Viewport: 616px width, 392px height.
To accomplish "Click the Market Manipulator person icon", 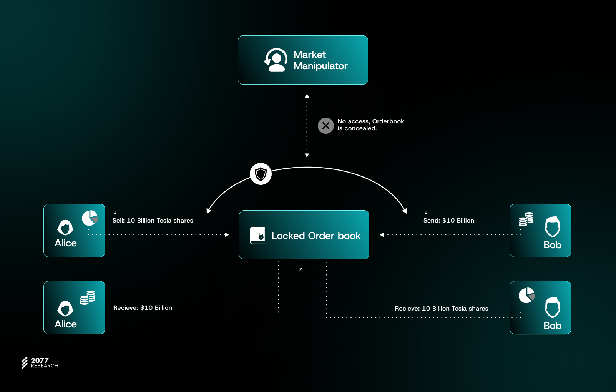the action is (x=276, y=60).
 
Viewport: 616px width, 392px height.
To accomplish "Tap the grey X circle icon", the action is (x=326, y=126).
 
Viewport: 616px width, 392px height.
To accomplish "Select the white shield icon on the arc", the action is (x=261, y=174).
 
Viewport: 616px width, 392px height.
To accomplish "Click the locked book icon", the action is (x=257, y=236).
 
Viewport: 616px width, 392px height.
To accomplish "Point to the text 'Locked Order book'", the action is (x=316, y=236).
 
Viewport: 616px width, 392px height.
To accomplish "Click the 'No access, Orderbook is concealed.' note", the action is (x=371, y=125).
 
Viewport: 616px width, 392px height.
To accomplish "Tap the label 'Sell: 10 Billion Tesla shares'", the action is (x=153, y=221).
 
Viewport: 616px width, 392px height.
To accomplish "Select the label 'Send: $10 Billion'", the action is (x=449, y=221).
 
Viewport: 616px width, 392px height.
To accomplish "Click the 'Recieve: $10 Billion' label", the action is (x=143, y=308).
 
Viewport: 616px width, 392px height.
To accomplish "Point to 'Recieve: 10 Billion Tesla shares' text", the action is (x=442, y=309).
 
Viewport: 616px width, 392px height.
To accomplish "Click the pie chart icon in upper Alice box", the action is (x=90, y=218).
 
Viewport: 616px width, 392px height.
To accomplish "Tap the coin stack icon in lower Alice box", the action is (x=88, y=297).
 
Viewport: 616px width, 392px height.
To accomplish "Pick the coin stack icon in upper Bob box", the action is (x=526, y=219).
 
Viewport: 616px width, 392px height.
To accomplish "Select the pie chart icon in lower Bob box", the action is (x=526, y=295).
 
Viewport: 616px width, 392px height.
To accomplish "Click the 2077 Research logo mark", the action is (x=25, y=362).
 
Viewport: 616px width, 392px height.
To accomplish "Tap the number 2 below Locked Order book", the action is (x=301, y=269).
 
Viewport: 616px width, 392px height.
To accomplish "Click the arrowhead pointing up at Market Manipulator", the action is (x=307, y=96).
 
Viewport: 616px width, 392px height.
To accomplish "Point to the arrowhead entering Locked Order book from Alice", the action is (x=227, y=235).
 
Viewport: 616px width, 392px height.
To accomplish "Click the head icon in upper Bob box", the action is (x=553, y=227).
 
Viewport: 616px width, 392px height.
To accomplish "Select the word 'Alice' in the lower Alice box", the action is (x=66, y=324).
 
